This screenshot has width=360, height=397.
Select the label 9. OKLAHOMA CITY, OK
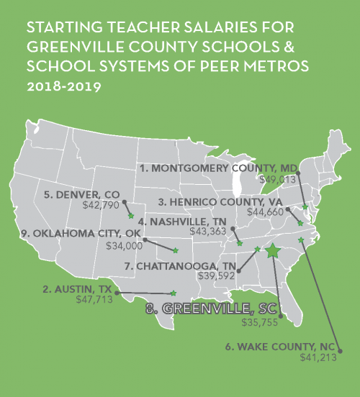73,232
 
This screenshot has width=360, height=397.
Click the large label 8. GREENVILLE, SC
211,309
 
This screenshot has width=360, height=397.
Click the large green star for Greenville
273,251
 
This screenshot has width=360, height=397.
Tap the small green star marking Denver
130,214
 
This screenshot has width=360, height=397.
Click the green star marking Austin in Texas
172,293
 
